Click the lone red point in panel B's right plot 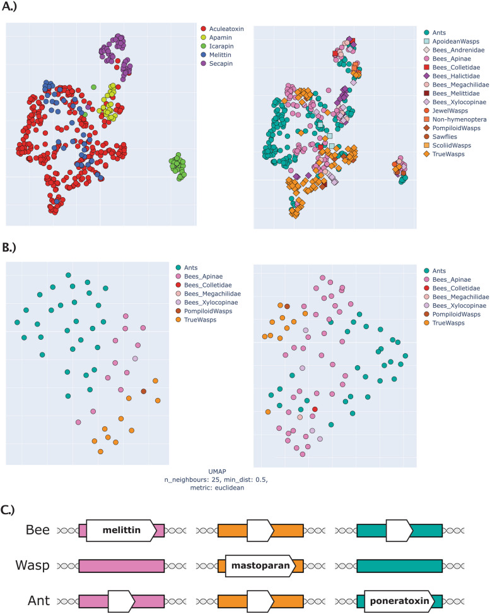[315, 410]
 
